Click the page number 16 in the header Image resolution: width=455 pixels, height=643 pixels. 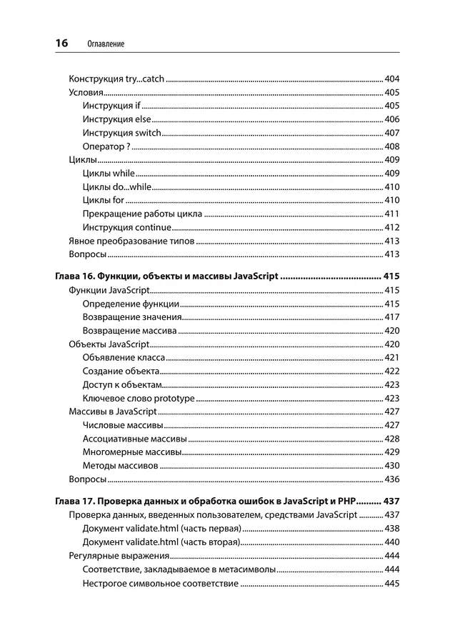pyautogui.click(x=61, y=44)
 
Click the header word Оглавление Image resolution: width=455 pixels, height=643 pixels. pyautogui.click(x=105, y=44)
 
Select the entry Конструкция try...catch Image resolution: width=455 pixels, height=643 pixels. pyautogui.click(x=116, y=79)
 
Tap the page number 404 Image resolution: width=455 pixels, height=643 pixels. pyautogui.click(x=391, y=79)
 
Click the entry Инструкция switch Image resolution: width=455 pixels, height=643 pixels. pyautogui.click(x=121, y=133)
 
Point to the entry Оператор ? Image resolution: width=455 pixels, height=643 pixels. pyautogui.click(x=106, y=146)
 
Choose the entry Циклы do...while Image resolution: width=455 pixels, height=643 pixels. pyautogui.click(x=117, y=186)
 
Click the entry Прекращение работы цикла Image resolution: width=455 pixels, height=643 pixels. pyautogui.click(x=142, y=214)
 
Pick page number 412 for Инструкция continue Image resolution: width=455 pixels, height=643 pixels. pyautogui.click(x=391, y=227)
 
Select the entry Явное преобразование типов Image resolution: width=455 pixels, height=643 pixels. pyautogui.click(x=131, y=241)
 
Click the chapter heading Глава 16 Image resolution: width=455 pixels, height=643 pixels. pyautogui.click(x=166, y=276)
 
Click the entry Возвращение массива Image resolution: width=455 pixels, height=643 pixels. pyautogui.click(x=129, y=331)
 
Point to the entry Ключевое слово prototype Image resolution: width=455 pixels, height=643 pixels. pyautogui.click(x=139, y=398)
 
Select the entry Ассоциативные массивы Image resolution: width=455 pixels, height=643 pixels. pyautogui.click(x=134, y=439)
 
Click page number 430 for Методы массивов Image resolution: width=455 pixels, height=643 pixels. pyautogui.click(x=391, y=465)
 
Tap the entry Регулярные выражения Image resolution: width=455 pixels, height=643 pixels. pyautogui.click(x=119, y=556)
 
